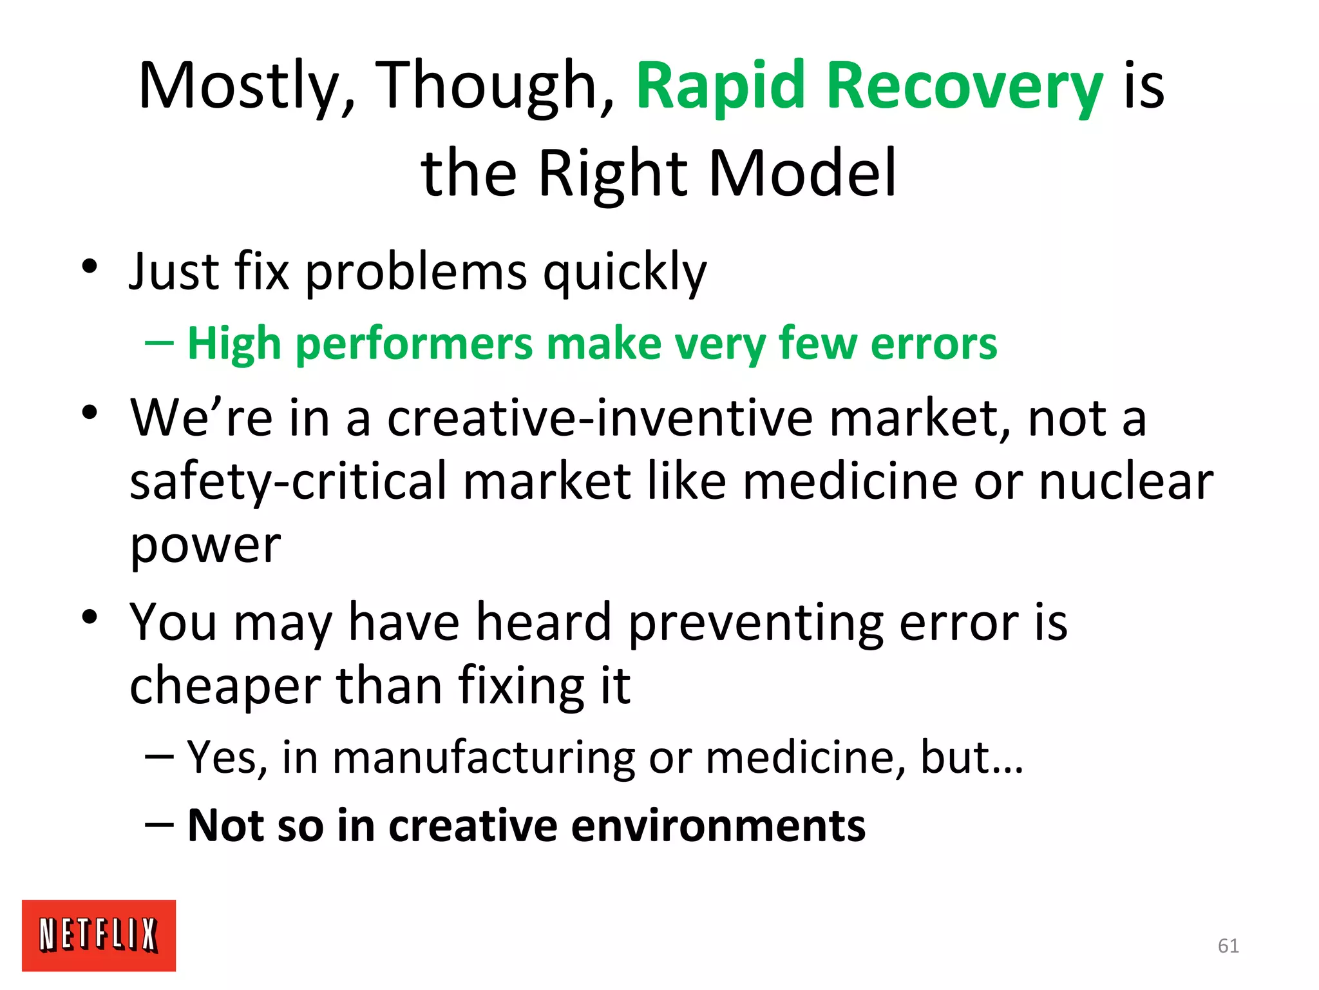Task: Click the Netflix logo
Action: coord(99,935)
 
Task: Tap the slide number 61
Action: coord(1228,946)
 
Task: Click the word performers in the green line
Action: coord(414,344)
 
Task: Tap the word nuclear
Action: coord(1126,482)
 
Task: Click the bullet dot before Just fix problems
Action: coord(90,266)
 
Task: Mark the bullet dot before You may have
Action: coord(90,617)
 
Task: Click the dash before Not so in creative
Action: coord(159,826)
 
